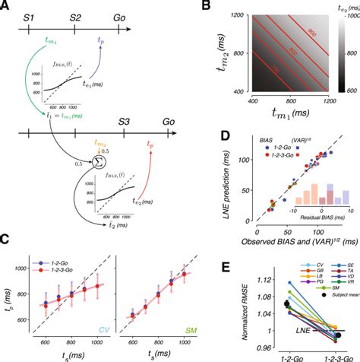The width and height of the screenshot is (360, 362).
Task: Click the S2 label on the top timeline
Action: tap(77, 16)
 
